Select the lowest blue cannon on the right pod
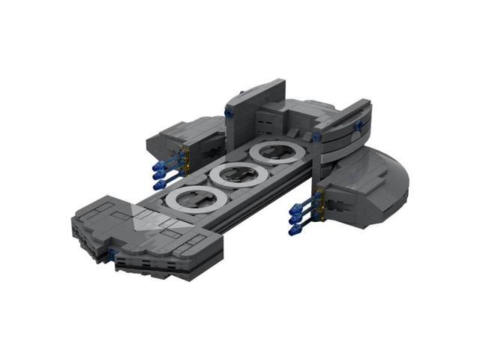[x=292, y=229]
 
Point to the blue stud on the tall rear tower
[x=227, y=112]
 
